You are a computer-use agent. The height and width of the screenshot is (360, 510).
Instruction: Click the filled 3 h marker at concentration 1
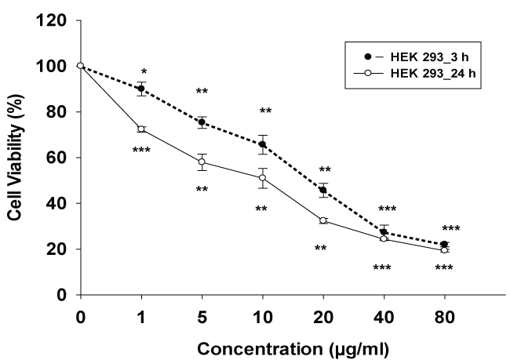(x=141, y=89)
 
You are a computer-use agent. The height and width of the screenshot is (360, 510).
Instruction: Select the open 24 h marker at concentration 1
(x=141, y=129)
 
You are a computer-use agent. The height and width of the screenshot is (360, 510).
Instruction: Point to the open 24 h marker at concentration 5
(x=202, y=162)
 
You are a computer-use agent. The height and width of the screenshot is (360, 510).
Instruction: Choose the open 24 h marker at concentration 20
(x=323, y=220)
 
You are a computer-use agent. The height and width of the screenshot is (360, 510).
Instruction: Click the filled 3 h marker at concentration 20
(x=323, y=190)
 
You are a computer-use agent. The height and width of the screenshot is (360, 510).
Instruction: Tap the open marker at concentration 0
(x=80, y=66)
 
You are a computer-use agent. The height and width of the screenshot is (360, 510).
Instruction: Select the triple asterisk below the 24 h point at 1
(x=141, y=150)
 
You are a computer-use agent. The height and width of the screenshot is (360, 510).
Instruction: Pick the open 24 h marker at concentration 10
(x=263, y=178)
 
